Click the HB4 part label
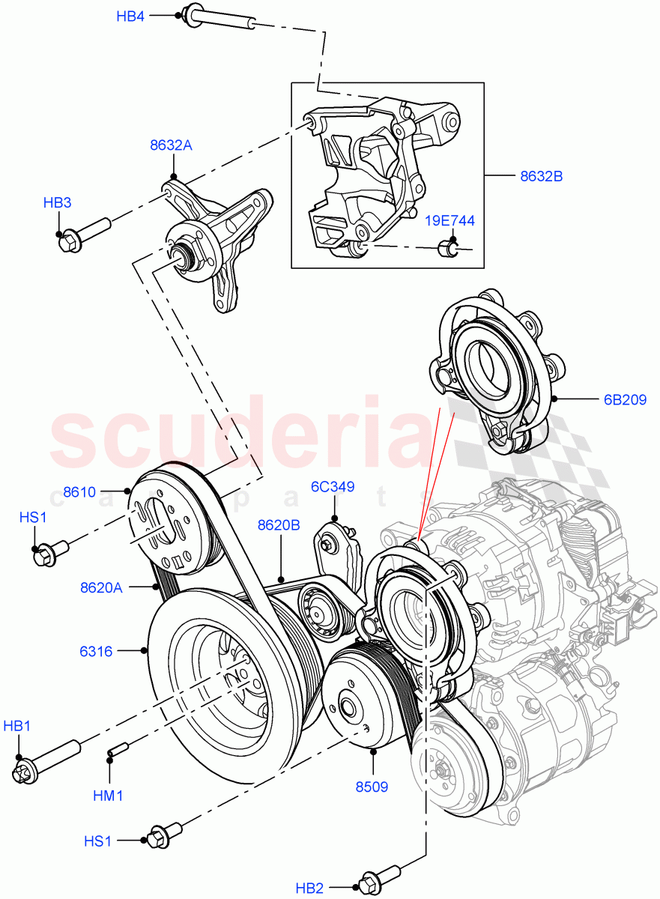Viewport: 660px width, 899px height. click(x=130, y=16)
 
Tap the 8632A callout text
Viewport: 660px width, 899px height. click(x=171, y=145)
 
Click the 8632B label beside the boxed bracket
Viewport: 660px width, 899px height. click(x=541, y=177)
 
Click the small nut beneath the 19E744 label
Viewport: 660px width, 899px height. click(x=448, y=246)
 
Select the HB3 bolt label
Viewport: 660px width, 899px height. click(x=58, y=202)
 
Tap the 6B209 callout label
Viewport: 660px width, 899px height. click(x=625, y=399)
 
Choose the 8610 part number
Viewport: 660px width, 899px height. click(x=79, y=492)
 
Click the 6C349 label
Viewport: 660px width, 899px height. click(x=333, y=487)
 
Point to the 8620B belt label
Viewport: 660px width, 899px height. click(x=279, y=525)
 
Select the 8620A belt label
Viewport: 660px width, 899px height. click(x=101, y=588)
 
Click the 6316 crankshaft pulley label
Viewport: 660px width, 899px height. click(x=96, y=652)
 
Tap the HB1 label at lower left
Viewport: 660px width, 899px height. click(x=17, y=726)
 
